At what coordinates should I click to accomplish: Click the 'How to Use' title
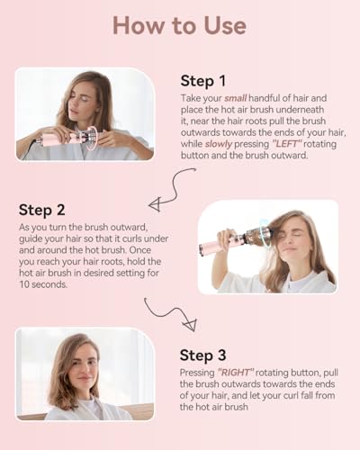pos(180,25)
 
